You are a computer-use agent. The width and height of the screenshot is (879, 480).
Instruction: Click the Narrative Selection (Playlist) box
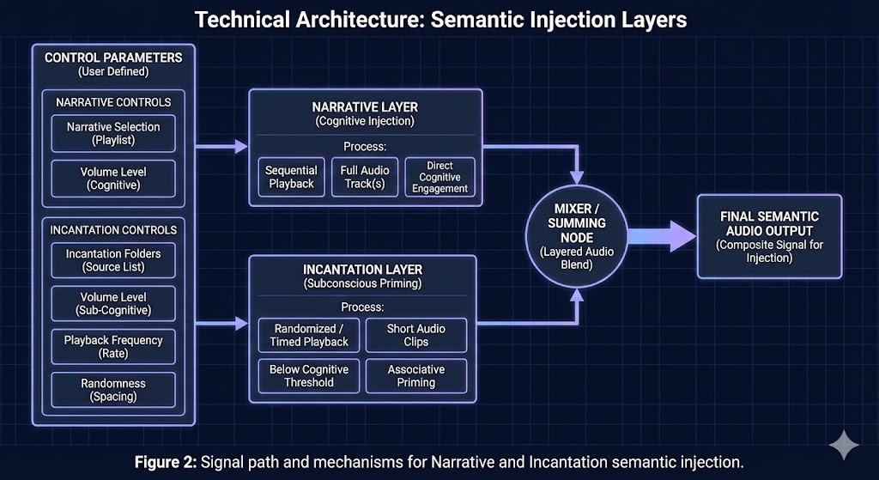click(x=114, y=133)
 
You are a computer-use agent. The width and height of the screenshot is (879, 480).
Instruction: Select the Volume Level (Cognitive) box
click(x=114, y=178)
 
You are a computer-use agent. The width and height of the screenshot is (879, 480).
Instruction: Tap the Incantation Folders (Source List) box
click(x=112, y=259)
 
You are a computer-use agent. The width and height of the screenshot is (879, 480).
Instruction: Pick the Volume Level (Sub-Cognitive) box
click(x=112, y=302)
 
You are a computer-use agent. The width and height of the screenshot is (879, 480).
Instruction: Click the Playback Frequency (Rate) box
click(x=112, y=346)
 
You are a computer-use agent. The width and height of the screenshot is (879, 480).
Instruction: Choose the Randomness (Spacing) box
click(x=112, y=390)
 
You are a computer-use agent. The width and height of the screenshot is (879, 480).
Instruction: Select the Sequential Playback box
click(x=291, y=177)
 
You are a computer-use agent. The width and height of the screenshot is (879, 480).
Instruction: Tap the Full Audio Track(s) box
click(x=364, y=177)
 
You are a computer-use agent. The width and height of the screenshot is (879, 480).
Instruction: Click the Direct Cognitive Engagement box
click(x=439, y=177)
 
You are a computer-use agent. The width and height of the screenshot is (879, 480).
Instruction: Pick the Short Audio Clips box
click(x=415, y=335)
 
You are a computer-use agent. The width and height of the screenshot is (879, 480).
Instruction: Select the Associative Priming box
click(x=415, y=375)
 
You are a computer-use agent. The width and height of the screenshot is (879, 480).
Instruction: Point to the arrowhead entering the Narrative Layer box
click(x=241, y=148)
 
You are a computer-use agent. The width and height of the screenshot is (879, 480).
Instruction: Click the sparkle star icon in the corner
click(x=844, y=447)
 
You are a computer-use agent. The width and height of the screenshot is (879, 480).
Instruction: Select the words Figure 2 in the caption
click(x=165, y=462)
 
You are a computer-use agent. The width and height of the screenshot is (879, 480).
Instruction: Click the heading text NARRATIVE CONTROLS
click(x=113, y=102)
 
